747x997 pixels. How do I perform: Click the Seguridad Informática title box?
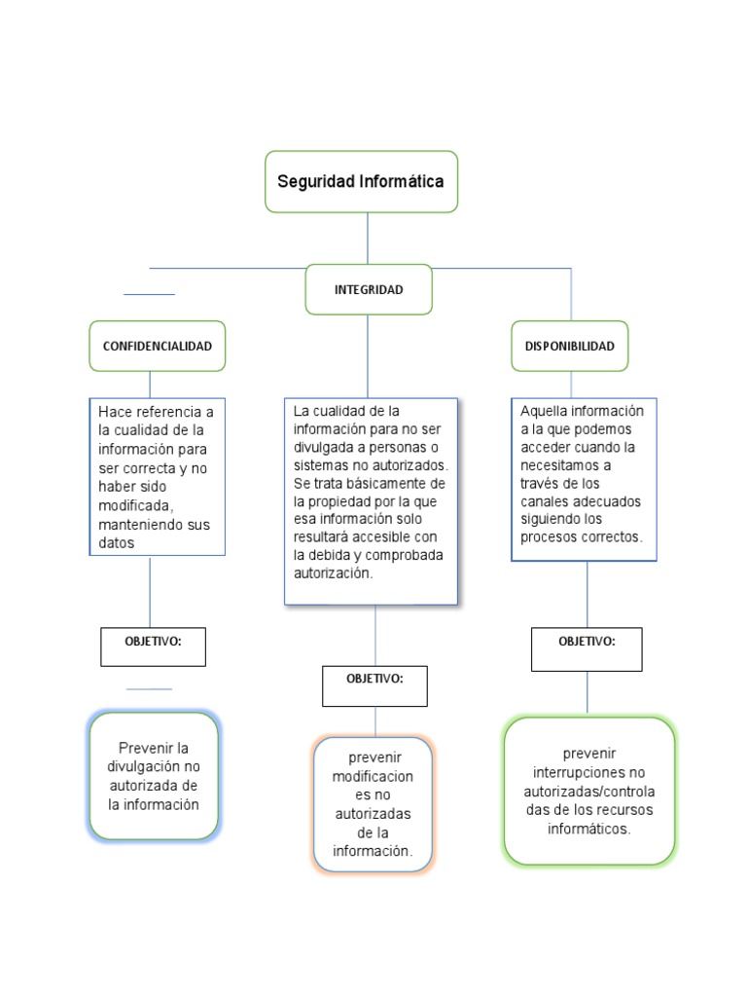[361, 181]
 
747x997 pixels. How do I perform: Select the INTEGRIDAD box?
[369, 289]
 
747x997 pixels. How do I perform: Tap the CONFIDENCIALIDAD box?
[157, 346]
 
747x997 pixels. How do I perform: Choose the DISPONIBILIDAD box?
[570, 346]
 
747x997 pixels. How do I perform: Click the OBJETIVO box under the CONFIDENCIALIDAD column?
[153, 646]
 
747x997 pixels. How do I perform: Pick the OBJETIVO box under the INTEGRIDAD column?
[374, 685]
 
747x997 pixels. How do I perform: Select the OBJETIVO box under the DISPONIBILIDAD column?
[587, 648]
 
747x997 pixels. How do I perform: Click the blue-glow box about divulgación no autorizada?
[153, 776]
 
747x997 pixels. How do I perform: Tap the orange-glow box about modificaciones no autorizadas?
[373, 804]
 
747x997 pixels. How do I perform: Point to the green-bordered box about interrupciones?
[588, 792]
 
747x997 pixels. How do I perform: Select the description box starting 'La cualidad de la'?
[371, 500]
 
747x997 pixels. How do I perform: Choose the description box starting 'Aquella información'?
[584, 478]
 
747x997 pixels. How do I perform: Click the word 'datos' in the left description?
[117, 543]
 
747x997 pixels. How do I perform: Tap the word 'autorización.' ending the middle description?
[333, 572]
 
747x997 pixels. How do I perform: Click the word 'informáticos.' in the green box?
[588, 829]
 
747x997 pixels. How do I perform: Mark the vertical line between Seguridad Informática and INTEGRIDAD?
[368, 238]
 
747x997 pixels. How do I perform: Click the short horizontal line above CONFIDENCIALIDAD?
[149, 293]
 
